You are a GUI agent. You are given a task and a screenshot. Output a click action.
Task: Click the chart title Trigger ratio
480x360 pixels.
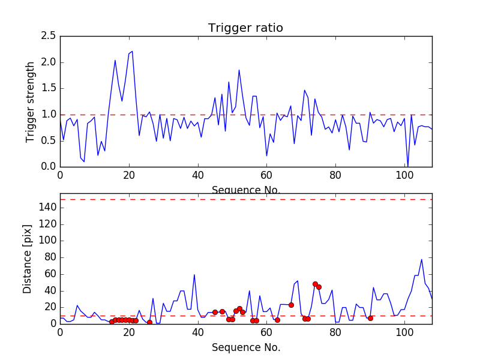click(x=245, y=28)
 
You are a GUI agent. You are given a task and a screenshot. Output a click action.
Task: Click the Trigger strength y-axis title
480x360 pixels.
click(x=31, y=101)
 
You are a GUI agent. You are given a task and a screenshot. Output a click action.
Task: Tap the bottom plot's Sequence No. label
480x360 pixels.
click(x=245, y=347)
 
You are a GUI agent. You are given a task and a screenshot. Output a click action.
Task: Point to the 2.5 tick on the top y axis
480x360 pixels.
click(x=49, y=36)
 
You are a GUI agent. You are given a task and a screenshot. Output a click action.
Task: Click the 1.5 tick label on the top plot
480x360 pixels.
click(x=49, y=88)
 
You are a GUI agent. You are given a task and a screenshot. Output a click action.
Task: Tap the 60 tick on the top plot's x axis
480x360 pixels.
click(x=266, y=175)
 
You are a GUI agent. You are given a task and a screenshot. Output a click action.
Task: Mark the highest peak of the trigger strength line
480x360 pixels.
click(x=132, y=52)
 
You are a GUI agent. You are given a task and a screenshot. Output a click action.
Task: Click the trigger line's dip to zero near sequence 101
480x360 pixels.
click(x=408, y=166)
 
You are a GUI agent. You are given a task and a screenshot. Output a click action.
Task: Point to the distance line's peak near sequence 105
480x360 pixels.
click(x=422, y=259)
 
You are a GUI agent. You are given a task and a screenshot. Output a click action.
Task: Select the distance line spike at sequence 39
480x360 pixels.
click(x=194, y=275)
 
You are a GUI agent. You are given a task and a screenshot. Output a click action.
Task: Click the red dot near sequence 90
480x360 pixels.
click(x=370, y=318)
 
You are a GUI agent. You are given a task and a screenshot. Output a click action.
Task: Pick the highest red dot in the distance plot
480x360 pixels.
click(x=315, y=284)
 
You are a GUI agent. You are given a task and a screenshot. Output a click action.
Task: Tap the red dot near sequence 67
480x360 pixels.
click(x=291, y=305)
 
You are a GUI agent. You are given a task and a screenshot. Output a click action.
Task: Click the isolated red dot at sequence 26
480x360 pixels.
click(x=149, y=322)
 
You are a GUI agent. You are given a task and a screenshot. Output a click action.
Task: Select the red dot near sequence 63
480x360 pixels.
click(x=277, y=320)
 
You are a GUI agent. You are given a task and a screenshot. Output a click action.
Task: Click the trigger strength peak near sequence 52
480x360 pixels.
click(x=239, y=70)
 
